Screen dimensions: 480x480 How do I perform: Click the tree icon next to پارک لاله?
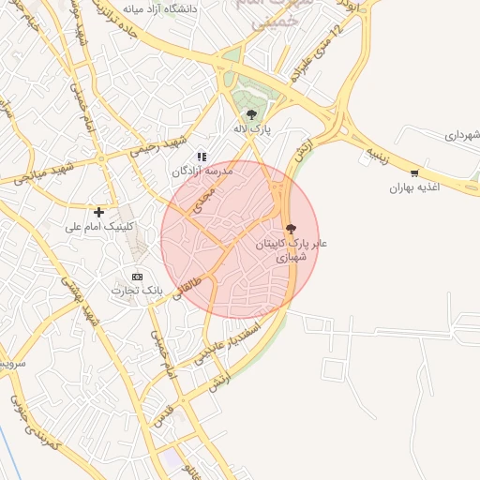coord(249,114)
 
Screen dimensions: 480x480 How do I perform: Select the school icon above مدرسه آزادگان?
coord(200,157)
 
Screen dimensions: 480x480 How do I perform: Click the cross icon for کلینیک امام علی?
coord(98,212)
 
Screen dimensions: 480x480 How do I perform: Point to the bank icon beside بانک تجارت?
coord(138,277)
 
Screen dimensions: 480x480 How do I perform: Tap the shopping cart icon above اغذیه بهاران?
coord(414,172)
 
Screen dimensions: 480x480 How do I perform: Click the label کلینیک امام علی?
coord(98,227)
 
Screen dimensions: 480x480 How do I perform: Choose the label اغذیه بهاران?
coord(415,188)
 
